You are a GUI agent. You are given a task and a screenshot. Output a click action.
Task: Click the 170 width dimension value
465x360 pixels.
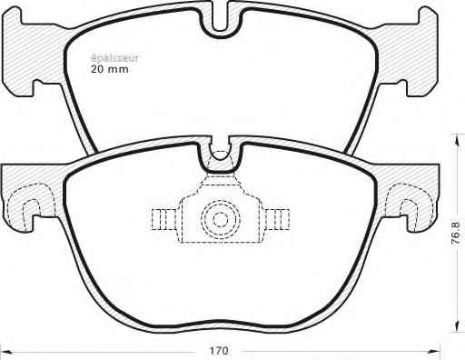(x=219, y=351)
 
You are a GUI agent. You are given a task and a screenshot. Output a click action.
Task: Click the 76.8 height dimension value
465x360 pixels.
(x=456, y=234)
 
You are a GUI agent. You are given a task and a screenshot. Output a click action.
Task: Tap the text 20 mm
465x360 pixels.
(x=110, y=69)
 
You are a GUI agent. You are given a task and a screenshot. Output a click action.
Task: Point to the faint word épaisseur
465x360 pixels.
(x=114, y=58)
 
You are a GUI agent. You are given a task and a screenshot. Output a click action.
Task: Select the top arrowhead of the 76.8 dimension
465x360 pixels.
(x=456, y=139)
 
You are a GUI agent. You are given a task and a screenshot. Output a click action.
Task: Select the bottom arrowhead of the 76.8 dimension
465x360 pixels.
(x=456, y=326)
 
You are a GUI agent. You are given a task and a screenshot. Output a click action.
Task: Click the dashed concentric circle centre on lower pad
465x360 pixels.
(x=220, y=219)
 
